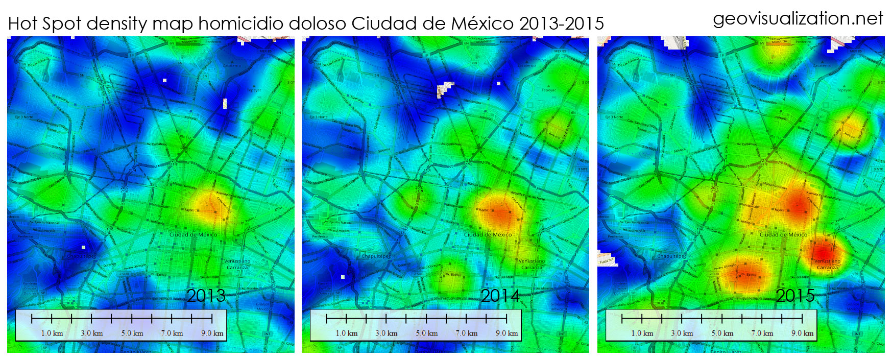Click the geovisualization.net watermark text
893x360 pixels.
(798, 18)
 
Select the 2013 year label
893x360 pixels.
(206, 296)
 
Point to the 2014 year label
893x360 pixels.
(500, 296)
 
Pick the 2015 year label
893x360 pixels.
(795, 296)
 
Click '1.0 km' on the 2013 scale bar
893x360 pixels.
(52, 333)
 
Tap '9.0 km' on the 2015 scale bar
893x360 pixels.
(802, 333)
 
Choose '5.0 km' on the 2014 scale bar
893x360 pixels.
(426, 333)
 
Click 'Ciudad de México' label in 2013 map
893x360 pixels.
(193, 235)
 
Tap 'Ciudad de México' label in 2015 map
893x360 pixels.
(783, 235)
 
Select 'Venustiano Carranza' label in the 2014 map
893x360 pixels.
(532, 264)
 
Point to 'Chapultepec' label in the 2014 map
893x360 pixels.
(376, 256)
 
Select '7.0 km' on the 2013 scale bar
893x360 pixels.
(172, 333)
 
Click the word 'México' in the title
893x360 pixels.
(483, 23)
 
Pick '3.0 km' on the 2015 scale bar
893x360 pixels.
(682, 333)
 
